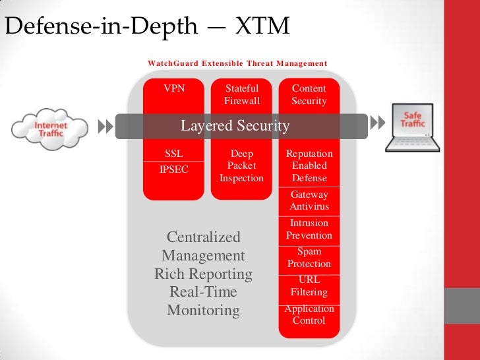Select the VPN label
tap(174, 88)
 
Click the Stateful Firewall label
tap(241, 94)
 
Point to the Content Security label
tap(309, 94)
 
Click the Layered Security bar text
tap(235, 126)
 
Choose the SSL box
tap(174, 154)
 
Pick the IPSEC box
tap(174, 169)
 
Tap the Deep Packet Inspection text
tap(241, 166)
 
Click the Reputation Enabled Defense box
tap(309, 166)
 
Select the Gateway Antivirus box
tap(309, 201)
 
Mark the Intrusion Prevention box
tap(309, 229)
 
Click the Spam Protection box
tap(309, 258)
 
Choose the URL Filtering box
tap(309, 285)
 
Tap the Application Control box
tap(309, 315)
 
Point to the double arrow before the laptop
tap(377, 123)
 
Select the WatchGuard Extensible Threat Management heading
tap(237, 63)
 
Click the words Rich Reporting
tap(203, 274)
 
